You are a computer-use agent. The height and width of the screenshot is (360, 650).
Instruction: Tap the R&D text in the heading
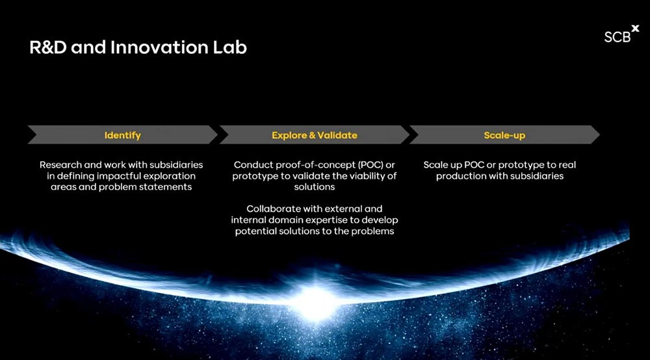pos(47,47)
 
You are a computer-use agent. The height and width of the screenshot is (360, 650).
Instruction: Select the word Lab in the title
pos(230,47)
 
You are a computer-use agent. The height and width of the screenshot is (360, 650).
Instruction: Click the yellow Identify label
pos(123,135)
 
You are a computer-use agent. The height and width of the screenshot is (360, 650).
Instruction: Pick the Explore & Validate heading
pos(314,135)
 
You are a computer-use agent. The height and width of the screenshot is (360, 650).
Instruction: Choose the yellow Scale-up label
pos(504,135)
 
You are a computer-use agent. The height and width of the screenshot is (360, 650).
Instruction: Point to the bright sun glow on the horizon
pos(315,302)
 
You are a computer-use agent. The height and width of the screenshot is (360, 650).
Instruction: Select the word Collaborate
pos(273,209)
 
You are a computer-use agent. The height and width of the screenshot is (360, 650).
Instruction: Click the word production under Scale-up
pos(461,176)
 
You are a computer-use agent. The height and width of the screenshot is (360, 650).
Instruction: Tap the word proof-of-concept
pos(309,165)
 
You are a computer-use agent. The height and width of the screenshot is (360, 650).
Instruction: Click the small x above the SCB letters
pos(635,28)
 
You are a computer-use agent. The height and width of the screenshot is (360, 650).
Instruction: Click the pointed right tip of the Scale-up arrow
pos(599,135)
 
